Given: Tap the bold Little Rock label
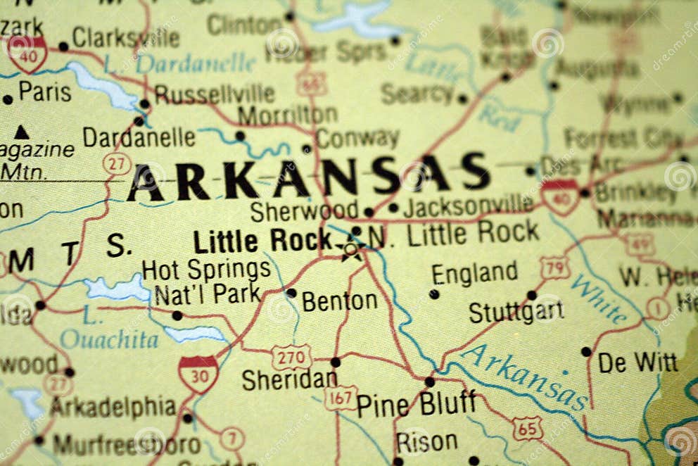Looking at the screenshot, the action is point(262,241).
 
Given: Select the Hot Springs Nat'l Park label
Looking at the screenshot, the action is point(206,282).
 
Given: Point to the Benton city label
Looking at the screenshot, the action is point(340,301).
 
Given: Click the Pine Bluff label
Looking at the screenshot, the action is point(416,405).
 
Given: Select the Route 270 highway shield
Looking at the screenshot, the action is point(291,356).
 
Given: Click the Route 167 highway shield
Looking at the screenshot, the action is point(341,398).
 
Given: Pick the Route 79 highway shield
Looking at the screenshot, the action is point(554,267).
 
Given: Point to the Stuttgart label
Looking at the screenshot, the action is point(516,312).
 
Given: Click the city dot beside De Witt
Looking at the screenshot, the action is point(586,351).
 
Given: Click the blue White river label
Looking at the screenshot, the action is point(599,298).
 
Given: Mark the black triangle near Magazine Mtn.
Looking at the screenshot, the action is point(22,132).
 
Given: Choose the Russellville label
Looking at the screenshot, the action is point(215,94).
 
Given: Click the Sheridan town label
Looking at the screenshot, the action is point(289,380).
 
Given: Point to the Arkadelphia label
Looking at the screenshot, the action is point(113,407).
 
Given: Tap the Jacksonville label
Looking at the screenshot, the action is point(468,206).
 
